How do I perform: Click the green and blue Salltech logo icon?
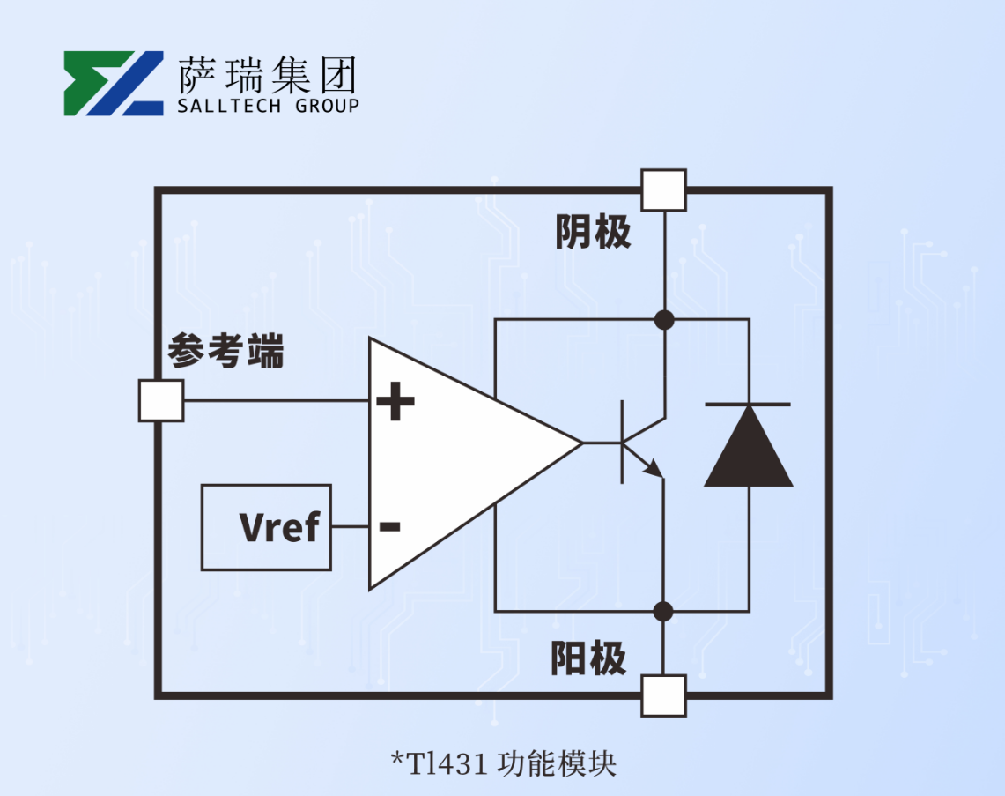coord(113,84)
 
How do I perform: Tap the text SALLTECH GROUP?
coord(268,107)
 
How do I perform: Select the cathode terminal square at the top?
coord(663,190)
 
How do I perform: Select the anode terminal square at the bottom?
coord(663,696)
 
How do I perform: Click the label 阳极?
coord(589,658)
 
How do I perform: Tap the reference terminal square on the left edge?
coord(161,400)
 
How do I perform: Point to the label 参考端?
coord(226,351)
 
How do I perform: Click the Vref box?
coord(266,527)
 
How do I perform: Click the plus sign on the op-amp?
coord(395,403)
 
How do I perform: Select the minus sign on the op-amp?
coord(389,527)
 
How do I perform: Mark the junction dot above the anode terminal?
coord(664,610)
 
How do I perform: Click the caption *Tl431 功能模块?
coord(503,763)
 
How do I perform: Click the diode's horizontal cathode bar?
coord(748,405)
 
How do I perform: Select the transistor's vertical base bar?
coord(623,442)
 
